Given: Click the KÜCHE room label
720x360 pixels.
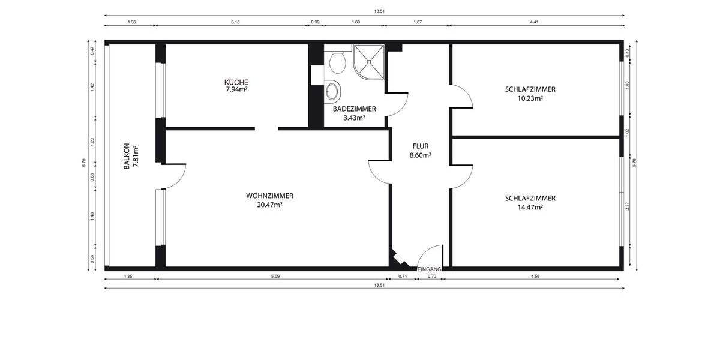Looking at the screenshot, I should point(236,82).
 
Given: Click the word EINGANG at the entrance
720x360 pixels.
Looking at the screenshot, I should point(430,269).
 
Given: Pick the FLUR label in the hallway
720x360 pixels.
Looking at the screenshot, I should point(420,146).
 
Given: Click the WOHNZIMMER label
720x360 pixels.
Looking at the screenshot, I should point(269,196).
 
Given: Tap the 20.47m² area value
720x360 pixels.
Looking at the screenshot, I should point(269,205).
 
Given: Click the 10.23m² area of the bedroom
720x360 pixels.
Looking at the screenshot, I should point(530,98).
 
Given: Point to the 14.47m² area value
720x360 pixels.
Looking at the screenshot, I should point(530,207).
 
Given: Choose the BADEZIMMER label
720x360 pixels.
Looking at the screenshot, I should point(354,109).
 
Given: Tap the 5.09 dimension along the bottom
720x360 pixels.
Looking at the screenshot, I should point(275,277).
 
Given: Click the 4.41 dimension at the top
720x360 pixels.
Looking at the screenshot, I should point(534,22).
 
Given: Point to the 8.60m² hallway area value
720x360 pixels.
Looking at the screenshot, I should point(420,155).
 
